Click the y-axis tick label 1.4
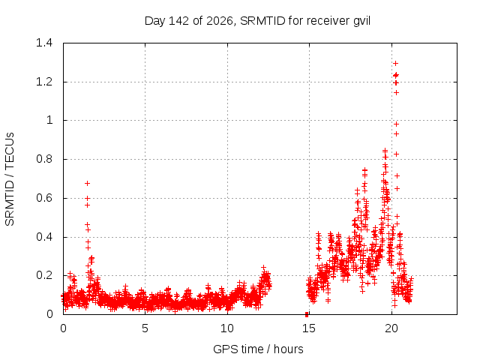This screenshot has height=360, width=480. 44,43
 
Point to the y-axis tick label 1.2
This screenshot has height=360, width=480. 44,82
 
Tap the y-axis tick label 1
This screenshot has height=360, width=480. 49,120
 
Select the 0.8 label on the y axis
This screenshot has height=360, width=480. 44,159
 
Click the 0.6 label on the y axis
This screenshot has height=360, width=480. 44,198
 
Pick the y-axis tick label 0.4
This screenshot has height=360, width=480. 44,237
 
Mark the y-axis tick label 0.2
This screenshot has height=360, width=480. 44,275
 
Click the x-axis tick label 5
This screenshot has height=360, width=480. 145,328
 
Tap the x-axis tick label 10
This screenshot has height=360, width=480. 227,328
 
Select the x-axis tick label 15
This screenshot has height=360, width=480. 309,328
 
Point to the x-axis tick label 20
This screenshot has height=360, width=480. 391,328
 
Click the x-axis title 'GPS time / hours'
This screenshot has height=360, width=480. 258,349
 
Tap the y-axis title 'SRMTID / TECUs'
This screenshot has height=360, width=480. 10,179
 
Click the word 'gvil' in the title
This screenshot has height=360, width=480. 361,21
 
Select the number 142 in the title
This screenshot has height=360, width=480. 178,21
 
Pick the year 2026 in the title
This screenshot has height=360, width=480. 220,21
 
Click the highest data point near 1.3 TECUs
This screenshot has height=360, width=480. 395,63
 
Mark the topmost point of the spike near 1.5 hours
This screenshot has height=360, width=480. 87,183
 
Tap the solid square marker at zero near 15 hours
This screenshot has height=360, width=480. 307,315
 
